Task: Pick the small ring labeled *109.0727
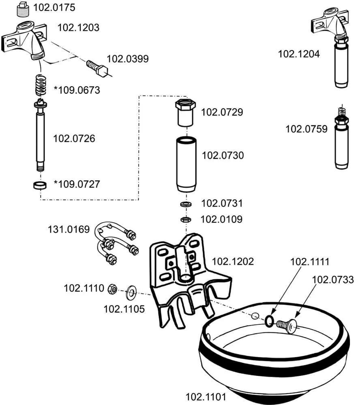click(x=39, y=185)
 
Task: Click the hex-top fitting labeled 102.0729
click(x=185, y=112)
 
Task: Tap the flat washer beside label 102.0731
click(x=186, y=204)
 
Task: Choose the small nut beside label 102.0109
click(x=186, y=219)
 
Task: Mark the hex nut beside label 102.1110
click(x=113, y=289)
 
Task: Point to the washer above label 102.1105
click(x=131, y=290)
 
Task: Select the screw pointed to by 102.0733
click(x=287, y=324)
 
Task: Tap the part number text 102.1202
click(x=233, y=261)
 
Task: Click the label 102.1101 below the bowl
click(x=206, y=396)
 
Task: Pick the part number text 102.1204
click(x=298, y=53)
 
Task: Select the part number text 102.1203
click(x=78, y=28)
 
